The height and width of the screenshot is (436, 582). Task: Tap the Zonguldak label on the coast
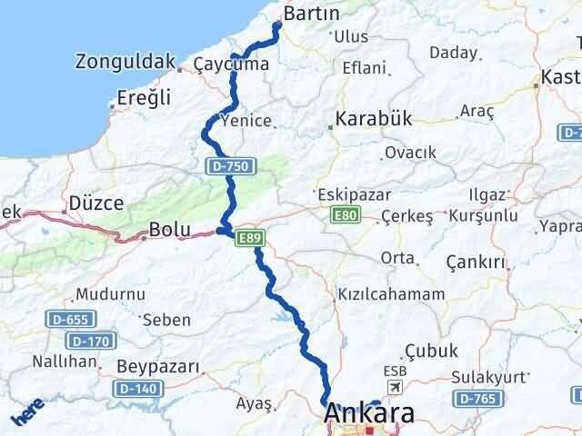[125, 62]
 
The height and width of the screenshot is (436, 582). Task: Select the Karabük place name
[374, 119]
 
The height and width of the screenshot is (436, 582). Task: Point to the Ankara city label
[370, 414]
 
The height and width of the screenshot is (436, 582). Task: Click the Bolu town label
[171, 230]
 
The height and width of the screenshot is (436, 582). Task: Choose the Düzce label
[96, 203]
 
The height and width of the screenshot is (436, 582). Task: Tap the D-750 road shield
[233, 166]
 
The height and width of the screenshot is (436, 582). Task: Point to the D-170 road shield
[88, 341]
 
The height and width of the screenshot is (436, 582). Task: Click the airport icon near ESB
[395, 388]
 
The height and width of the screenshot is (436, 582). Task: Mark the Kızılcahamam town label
[390, 294]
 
